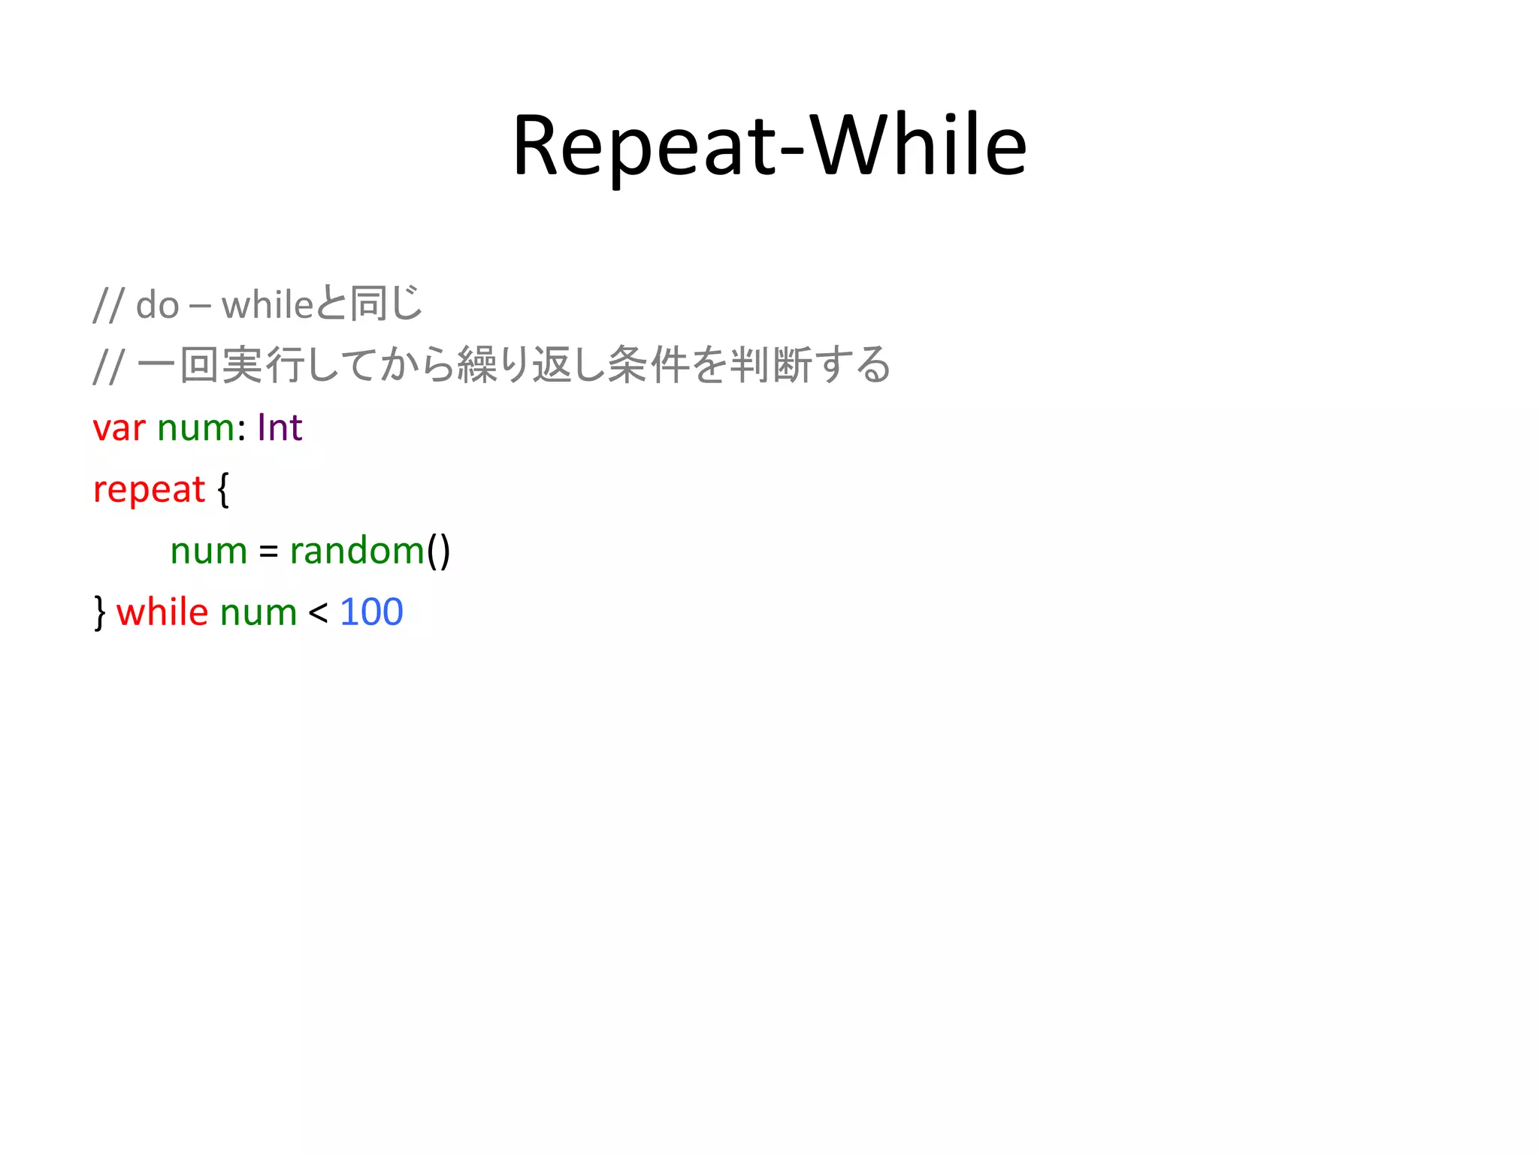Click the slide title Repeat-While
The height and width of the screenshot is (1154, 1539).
point(769,145)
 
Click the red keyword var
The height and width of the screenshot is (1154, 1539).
point(119,429)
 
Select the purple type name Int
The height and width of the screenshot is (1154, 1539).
point(280,428)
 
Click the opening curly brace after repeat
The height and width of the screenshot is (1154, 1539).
point(223,490)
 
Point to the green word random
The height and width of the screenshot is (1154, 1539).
point(357,551)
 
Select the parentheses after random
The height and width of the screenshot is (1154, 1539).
point(439,551)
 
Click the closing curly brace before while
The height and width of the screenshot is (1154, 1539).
point(100,612)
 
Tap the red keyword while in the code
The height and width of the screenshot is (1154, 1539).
point(162,612)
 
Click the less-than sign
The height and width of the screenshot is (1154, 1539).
point(318,613)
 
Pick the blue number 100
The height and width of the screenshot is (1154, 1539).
point(371,612)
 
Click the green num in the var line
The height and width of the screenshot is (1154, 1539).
point(196,429)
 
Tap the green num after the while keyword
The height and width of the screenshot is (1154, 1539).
point(259,613)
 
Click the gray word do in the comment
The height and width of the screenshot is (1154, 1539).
point(157,306)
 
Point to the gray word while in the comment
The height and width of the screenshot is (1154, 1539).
point(267,305)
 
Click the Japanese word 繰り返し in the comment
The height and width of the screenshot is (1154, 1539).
point(530,365)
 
